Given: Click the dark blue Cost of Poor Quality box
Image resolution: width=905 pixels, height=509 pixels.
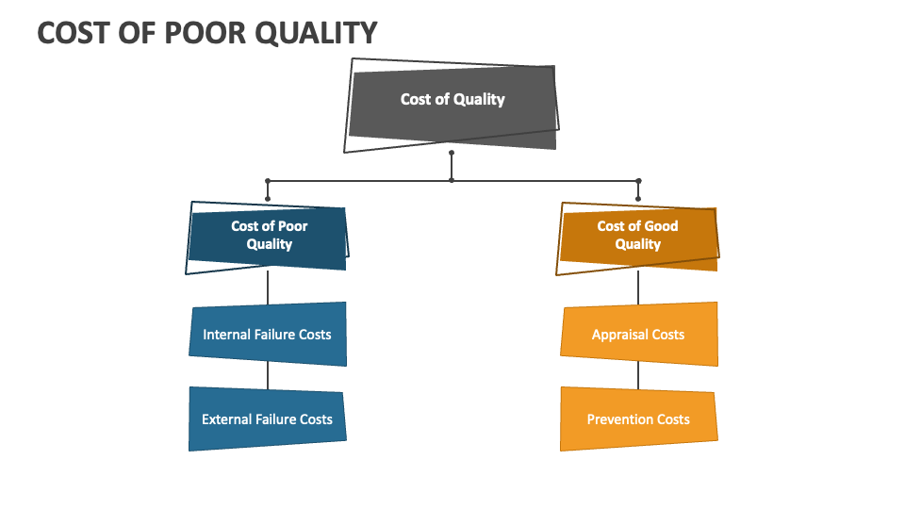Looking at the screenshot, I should point(269,236).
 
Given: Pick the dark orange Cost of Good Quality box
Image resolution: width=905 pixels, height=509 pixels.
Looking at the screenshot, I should point(638,236).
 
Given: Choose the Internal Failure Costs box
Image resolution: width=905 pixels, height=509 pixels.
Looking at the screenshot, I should point(268,334).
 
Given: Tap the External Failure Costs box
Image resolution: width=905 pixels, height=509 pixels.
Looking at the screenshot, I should point(268,419).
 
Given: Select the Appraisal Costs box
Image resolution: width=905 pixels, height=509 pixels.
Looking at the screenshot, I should point(638,334).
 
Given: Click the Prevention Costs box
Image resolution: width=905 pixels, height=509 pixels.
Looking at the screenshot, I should point(638,419).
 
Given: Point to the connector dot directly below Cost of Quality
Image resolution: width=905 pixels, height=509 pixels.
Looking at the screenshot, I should point(452,153).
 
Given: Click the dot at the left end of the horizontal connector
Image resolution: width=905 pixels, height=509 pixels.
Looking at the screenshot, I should point(268,180).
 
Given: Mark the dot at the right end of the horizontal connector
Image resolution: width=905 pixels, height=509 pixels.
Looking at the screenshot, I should point(638,180).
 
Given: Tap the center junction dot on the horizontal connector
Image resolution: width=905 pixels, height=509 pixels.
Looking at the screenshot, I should point(452,180).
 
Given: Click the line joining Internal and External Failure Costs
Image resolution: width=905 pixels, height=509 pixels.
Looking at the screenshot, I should point(268,376).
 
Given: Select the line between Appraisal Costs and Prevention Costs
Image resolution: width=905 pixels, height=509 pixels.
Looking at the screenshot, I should point(638,376).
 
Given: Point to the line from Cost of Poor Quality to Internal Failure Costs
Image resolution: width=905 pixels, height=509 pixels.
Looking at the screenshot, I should point(268,287).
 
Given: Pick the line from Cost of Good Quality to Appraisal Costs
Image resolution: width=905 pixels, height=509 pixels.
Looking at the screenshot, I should point(638,287).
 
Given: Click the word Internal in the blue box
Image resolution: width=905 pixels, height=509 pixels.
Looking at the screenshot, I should point(226,334).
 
